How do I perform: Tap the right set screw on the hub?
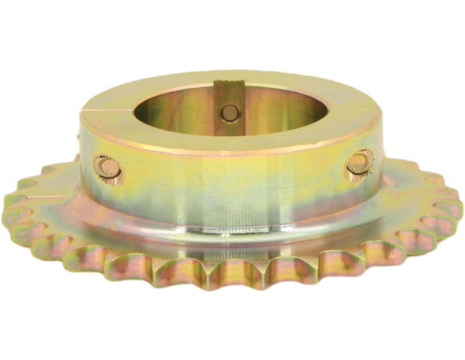361,163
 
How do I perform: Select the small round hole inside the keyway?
227,112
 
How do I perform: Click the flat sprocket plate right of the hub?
405,210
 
